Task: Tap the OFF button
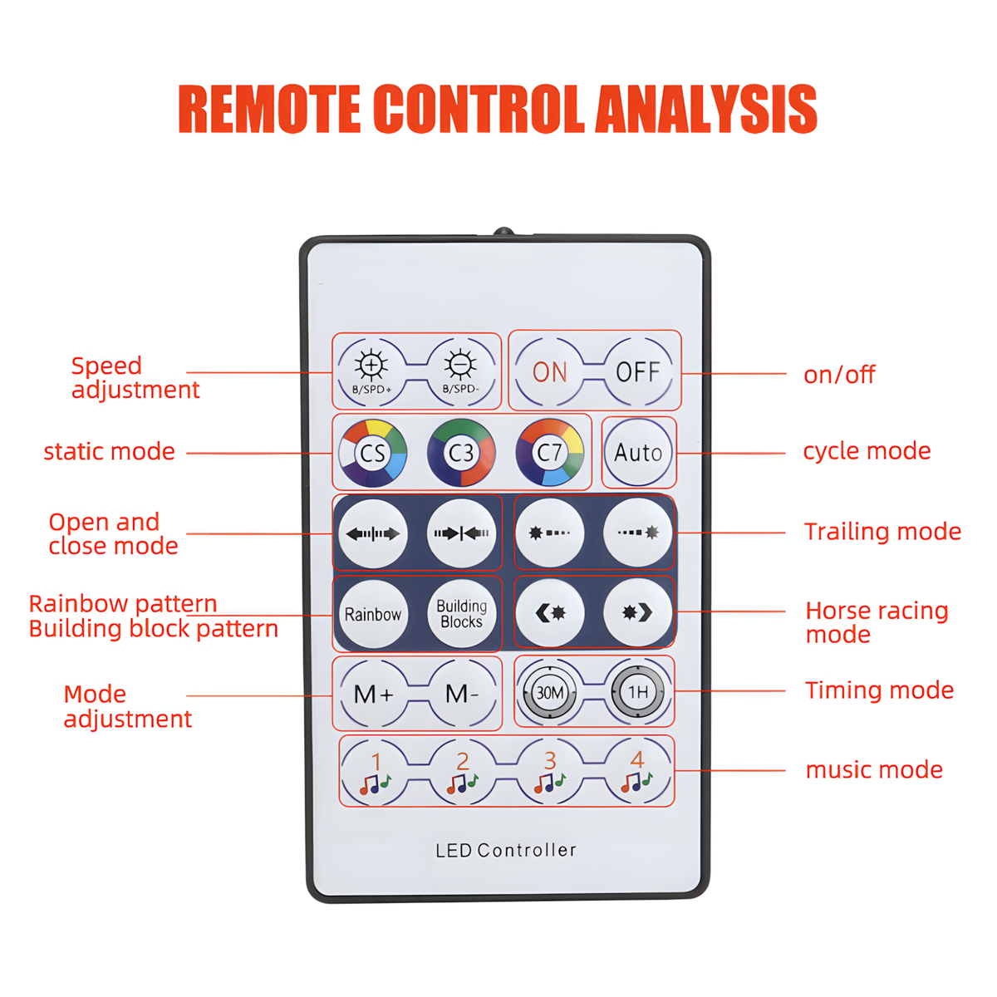point(637,372)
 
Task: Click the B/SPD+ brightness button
point(372,372)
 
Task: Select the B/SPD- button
point(460,372)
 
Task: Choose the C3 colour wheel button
point(461,453)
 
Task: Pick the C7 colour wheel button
point(549,452)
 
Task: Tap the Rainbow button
point(372,614)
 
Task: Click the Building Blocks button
point(461,614)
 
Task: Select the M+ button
point(374,693)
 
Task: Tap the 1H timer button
point(637,692)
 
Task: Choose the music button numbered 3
point(549,771)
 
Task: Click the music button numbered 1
point(375,771)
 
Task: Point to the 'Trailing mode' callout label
point(882,532)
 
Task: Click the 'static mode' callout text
point(109,451)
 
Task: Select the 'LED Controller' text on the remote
point(505,850)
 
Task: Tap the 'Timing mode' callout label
point(880,690)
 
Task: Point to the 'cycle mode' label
point(867,451)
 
